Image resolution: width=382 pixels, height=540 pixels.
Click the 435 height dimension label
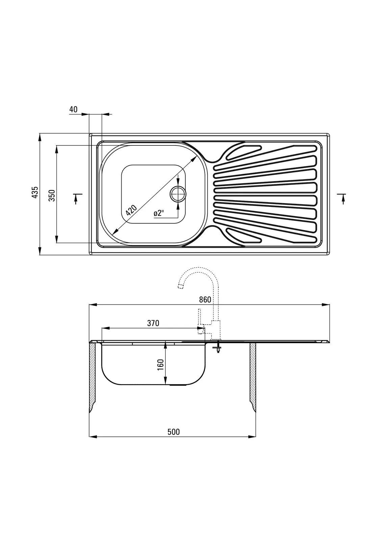pyautogui.click(x=35, y=192)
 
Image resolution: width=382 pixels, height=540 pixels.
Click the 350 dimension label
pyautogui.click(x=52, y=195)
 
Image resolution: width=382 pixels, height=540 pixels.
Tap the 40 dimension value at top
pyautogui.click(x=73, y=109)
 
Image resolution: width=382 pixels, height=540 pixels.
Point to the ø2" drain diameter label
pyautogui.click(x=159, y=213)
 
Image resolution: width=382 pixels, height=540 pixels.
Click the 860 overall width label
pyautogui.click(x=205, y=300)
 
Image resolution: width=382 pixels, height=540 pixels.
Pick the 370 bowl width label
pyautogui.click(x=153, y=323)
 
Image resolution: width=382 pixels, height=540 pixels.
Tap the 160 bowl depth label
pyautogui.click(x=160, y=365)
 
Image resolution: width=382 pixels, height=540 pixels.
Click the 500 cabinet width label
pyautogui.click(x=174, y=432)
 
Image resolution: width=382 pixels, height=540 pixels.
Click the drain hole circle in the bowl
pyautogui.click(x=178, y=194)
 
